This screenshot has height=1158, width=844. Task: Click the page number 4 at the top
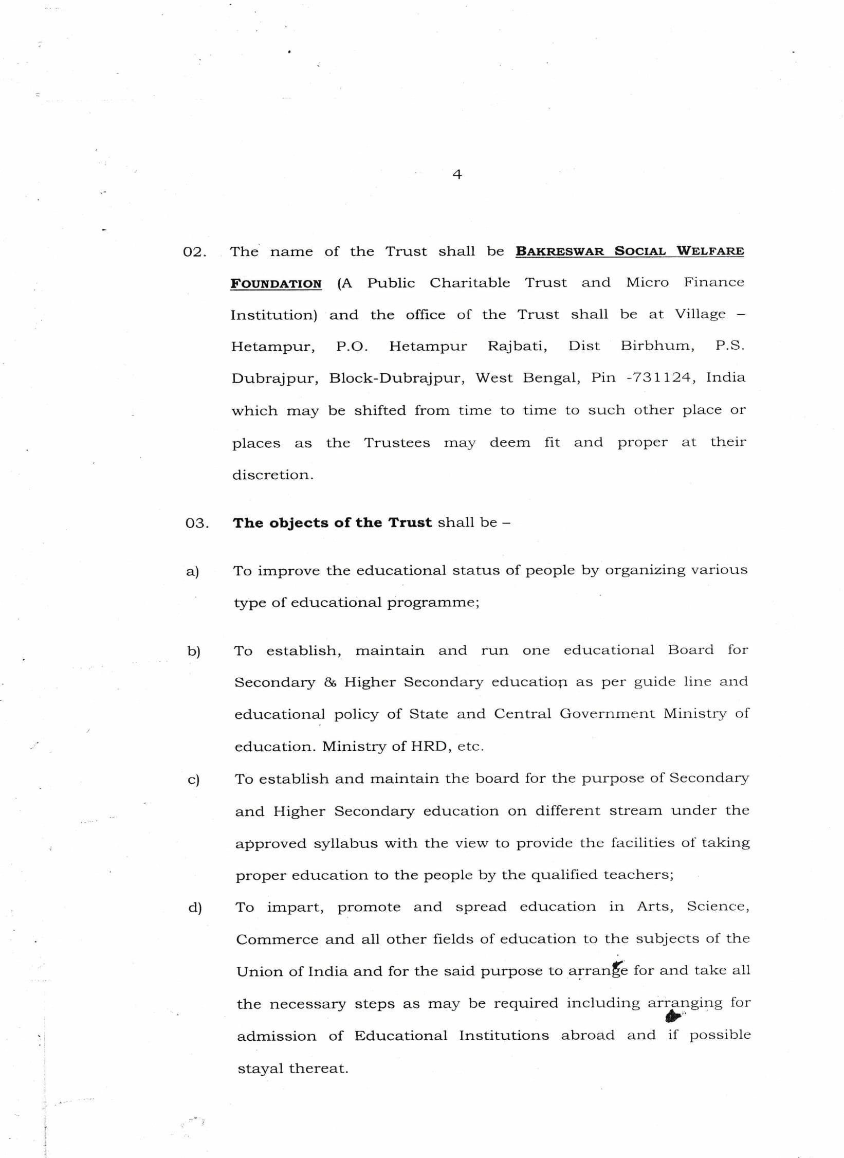pos(457,175)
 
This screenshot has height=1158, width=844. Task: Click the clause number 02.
pos(195,252)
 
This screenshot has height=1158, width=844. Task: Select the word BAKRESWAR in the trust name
pos(560,251)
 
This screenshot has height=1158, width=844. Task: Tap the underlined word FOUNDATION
pos(276,284)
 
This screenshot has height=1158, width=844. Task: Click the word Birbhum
pos(657,346)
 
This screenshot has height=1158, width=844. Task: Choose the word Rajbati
pos(517,346)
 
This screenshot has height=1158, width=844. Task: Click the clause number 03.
pos(197,523)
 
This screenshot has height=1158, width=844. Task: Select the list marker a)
pos(193,571)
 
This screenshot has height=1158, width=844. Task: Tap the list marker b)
pos(194,652)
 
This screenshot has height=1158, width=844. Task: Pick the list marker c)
pos(194,780)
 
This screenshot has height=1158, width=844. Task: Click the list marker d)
pos(195,908)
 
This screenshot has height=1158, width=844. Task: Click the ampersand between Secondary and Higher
pos(330,682)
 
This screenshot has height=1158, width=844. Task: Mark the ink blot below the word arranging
pos(673,1016)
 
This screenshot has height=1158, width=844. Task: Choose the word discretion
pos(272,475)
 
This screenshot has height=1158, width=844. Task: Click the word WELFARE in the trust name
pos(710,251)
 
